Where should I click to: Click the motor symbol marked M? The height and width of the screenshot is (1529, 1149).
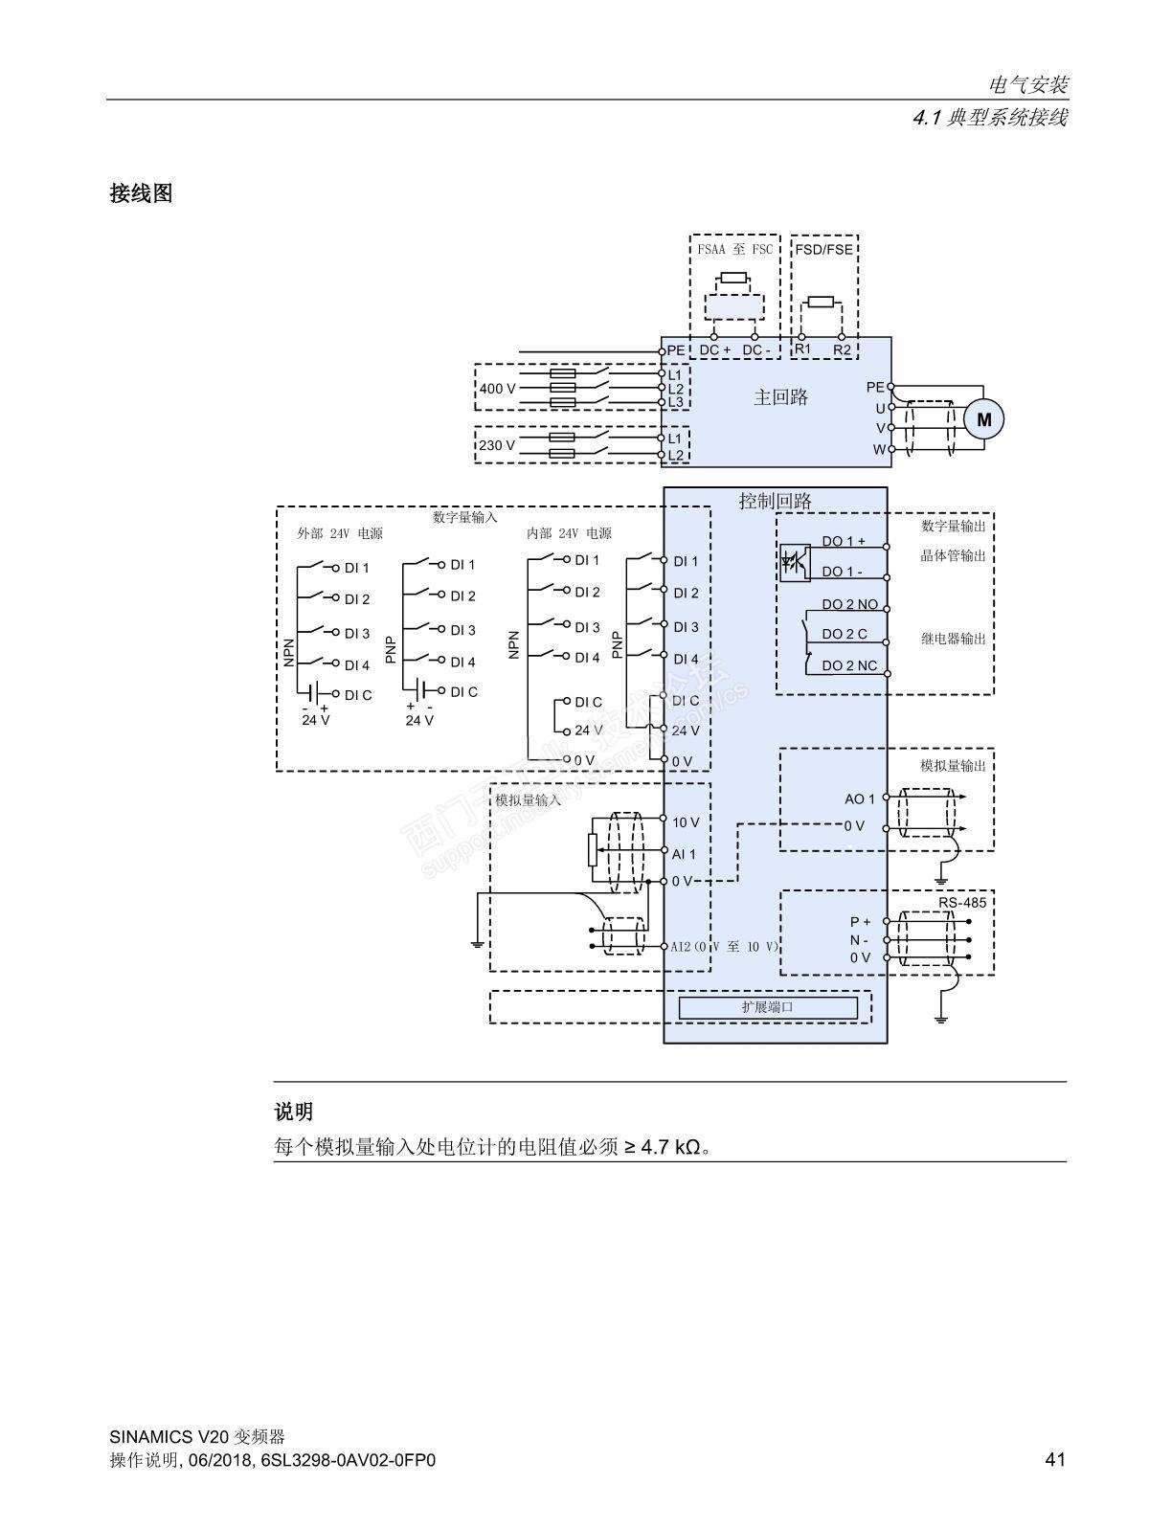(x=984, y=419)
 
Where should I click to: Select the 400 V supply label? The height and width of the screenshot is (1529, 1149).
(x=497, y=389)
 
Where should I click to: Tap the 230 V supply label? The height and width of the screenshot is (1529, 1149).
(x=497, y=445)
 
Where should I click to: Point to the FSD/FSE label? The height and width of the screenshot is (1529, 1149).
(x=823, y=249)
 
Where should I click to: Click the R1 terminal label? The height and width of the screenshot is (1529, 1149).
(x=803, y=349)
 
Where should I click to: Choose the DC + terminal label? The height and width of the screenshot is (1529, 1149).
(x=715, y=349)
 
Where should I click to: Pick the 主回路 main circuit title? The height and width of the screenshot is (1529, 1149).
(x=780, y=397)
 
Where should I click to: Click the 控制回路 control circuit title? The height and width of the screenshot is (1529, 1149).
(x=775, y=501)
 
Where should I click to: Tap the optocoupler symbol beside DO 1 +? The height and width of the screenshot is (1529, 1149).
(x=795, y=562)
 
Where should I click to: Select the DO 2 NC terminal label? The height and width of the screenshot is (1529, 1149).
(x=849, y=666)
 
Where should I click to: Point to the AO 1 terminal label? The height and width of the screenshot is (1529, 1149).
(x=859, y=799)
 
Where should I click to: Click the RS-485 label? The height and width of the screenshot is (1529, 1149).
(x=962, y=903)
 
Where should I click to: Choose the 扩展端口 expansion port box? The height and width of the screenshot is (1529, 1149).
(x=768, y=1007)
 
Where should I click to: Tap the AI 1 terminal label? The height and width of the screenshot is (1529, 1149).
(x=683, y=854)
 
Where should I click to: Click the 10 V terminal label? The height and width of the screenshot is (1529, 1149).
(x=686, y=822)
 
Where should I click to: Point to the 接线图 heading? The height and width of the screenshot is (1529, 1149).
(x=141, y=193)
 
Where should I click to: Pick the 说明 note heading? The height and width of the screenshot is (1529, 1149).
(x=294, y=1112)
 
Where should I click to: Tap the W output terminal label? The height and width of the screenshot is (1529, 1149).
(x=880, y=450)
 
